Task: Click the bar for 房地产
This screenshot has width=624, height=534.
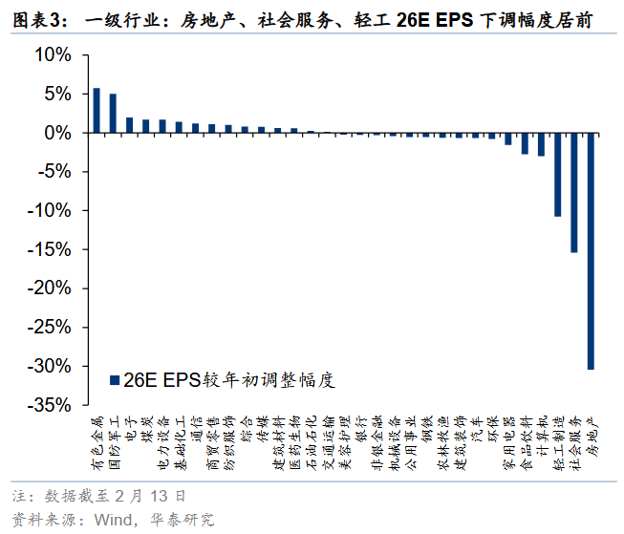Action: coord(591,250)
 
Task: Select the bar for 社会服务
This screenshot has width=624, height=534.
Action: coord(574,192)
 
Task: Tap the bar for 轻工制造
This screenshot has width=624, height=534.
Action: coord(558,175)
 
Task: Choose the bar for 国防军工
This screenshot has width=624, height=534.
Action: coord(113,114)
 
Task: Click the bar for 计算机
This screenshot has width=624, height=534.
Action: coord(541,144)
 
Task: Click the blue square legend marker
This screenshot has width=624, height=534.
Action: coord(115,380)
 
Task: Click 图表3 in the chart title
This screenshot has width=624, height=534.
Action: coord(33,19)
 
